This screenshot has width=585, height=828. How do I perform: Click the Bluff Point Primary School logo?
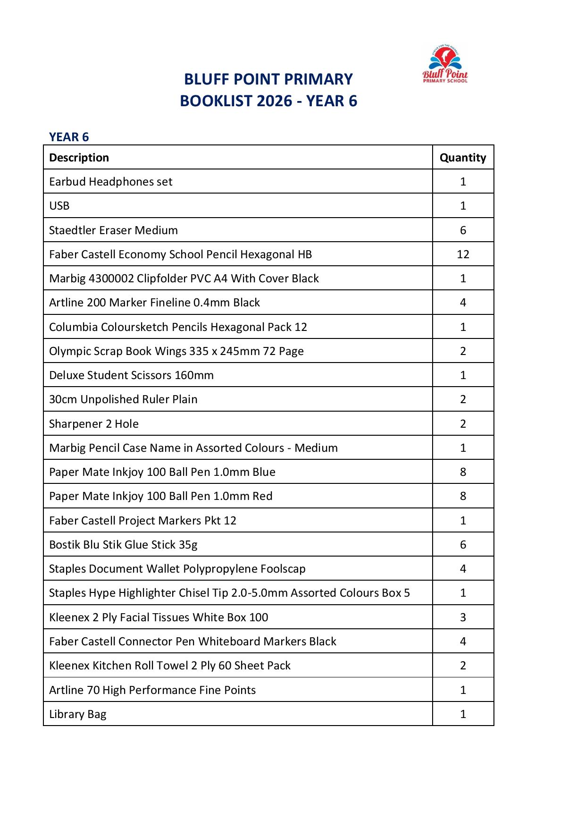coord(445,65)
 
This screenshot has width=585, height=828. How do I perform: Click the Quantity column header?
coord(462,158)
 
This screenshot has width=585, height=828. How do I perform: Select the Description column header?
coord(79,158)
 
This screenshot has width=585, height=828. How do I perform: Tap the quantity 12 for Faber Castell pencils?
coord(462,254)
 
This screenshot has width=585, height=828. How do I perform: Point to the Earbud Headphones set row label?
coord(110,182)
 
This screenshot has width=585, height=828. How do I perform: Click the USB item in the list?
coord(59,206)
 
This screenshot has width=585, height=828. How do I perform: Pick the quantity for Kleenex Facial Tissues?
coord(462,617)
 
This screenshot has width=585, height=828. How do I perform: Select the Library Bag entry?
coord(77,714)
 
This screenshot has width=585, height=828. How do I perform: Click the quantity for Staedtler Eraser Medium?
coord(462,230)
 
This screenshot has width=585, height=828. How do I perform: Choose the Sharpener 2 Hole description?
coord(93,424)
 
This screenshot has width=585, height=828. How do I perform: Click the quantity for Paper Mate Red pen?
coord(462,496)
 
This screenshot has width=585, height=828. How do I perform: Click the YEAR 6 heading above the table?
coord(69,137)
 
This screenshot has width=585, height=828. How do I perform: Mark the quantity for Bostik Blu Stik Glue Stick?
coord(462,545)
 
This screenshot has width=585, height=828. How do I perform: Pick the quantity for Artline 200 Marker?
coord(462,303)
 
